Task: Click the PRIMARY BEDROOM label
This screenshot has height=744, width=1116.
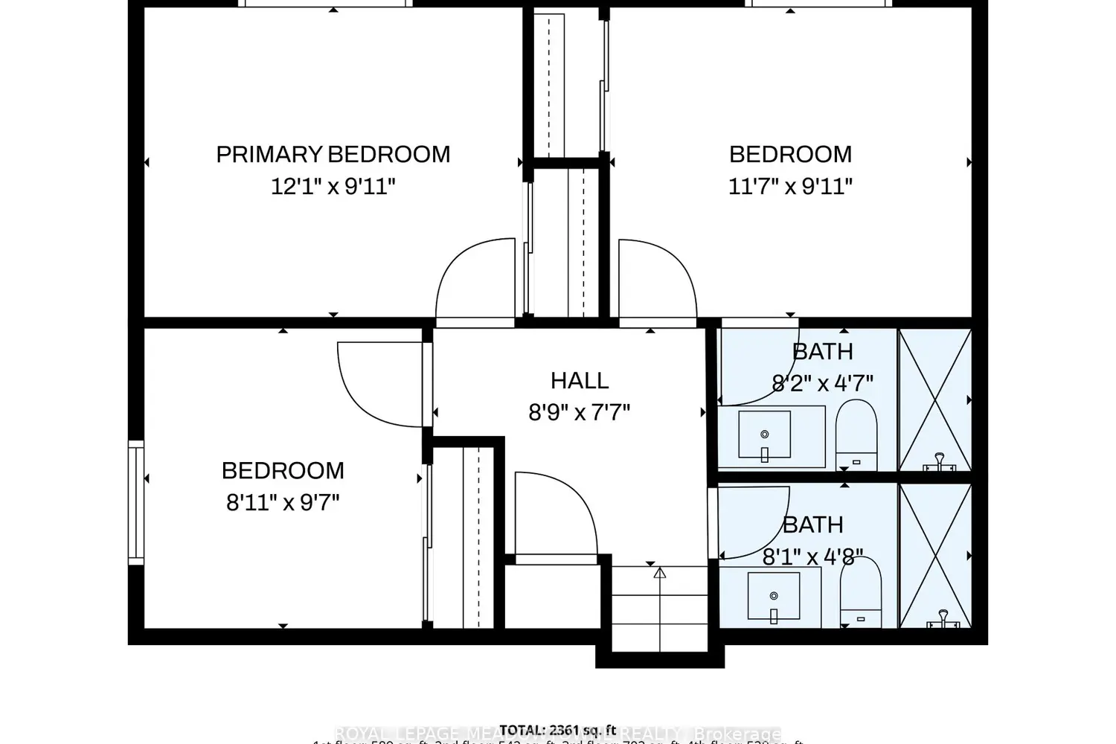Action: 333,154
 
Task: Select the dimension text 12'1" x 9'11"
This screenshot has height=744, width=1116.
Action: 333,185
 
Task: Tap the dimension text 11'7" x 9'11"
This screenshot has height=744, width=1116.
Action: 789,185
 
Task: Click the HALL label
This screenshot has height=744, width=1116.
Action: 580,380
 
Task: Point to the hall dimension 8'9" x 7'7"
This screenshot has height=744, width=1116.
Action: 579,411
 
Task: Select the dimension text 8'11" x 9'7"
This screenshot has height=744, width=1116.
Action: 283,502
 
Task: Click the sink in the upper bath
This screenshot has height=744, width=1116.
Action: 764,435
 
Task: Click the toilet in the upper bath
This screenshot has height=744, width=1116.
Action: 856,435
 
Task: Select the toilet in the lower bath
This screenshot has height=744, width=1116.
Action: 860,591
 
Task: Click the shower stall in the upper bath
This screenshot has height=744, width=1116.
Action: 935,400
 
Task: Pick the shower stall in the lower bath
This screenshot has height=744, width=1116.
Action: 935,555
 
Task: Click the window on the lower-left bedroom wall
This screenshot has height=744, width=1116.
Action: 135,502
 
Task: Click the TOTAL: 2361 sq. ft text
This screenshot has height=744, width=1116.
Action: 558,729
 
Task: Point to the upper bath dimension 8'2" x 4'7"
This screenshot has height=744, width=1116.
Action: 822,383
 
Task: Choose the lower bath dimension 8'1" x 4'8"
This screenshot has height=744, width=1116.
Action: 812,557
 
